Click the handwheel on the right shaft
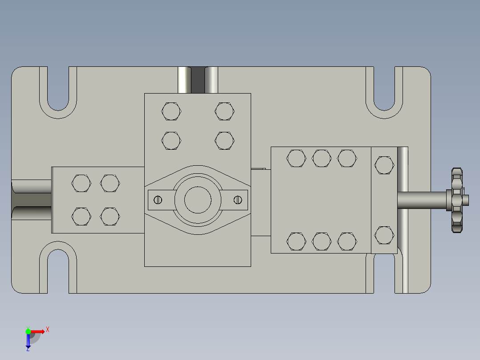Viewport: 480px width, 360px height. click(456, 200)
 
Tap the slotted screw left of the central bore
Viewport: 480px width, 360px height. click(157, 200)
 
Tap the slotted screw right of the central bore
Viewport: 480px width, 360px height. click(238, 200)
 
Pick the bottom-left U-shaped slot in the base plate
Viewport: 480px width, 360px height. click(58, 270)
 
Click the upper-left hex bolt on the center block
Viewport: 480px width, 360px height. click(171, 111)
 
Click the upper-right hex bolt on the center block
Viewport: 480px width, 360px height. click(224, 111)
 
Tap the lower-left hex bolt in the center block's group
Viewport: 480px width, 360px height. click(171, 140)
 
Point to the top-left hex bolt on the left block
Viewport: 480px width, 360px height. click(81, 183)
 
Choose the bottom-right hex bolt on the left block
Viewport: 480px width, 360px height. click(110, 217)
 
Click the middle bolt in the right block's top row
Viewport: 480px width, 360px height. click(321, 158)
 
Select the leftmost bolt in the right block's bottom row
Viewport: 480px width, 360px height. click(296, 241)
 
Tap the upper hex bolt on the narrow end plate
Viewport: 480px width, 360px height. click(384, 165)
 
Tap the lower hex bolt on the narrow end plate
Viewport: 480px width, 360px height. click(384, 235)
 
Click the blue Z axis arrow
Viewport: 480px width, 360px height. click(28, 341)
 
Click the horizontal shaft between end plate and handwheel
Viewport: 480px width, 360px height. click(421, 200)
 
